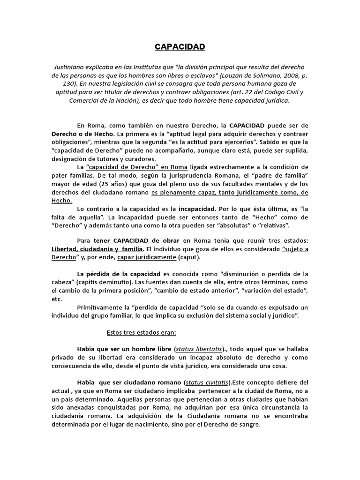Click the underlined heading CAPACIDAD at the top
click(x=180, y=47)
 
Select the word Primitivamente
click(x=101, y=308)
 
